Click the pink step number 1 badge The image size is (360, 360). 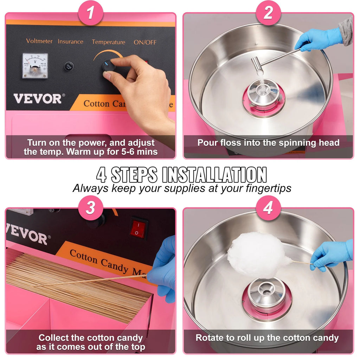pos(90,14)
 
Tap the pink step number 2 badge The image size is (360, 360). pos(268,14)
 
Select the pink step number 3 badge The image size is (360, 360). pos(90,208)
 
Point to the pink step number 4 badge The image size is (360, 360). pos(268,208)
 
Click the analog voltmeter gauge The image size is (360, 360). pos(35,66)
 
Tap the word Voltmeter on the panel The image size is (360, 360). pos(39,41)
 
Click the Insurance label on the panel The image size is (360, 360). pos(70,41)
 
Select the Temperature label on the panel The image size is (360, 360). pos(108,42)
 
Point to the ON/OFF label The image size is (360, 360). pos(145,42)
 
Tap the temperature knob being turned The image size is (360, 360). pos(108,66)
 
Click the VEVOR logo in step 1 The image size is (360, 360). pos(37,98)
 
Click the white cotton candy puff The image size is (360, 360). pos(257,254)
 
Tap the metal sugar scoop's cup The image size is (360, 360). pos(257,66)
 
